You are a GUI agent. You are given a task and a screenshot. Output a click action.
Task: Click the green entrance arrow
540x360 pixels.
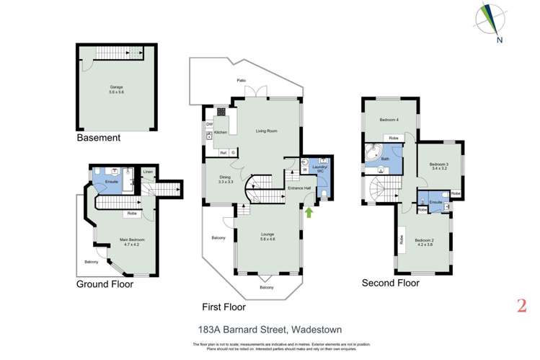pos(309,212)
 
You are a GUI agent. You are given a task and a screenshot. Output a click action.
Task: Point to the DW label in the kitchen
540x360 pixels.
pos(209,124)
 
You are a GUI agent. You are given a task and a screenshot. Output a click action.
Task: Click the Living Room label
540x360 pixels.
pos(266,131)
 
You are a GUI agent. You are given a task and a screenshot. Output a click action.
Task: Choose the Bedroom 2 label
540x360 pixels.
pos(426,242)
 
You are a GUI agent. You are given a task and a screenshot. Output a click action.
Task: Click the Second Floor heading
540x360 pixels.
pos(390,284)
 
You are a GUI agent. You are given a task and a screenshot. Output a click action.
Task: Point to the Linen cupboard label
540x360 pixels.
pos(147,172)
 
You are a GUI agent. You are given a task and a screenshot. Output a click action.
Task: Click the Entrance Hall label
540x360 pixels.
pos(298,188)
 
